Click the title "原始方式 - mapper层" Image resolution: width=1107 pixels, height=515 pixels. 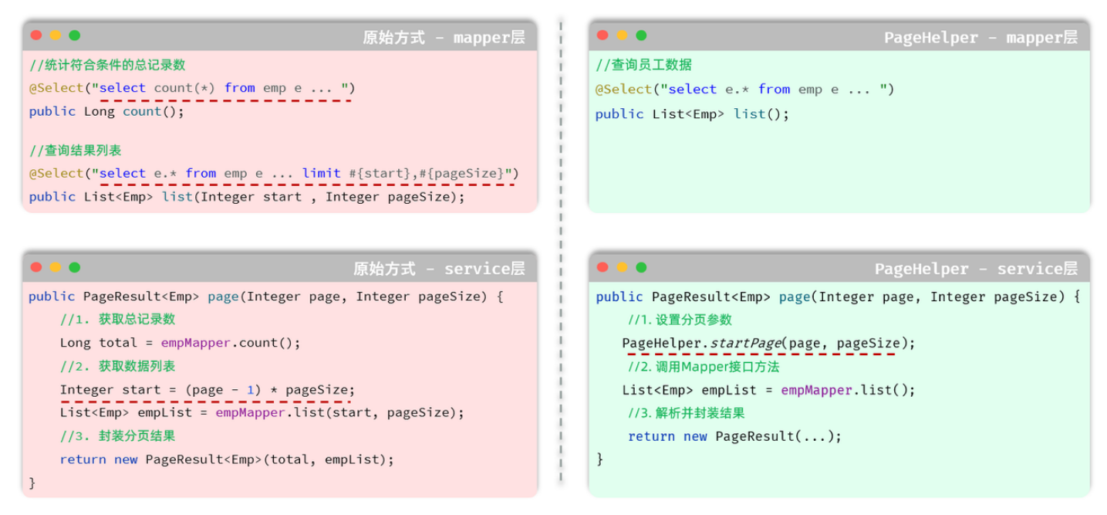pos(444,37)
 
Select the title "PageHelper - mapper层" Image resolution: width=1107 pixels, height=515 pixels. pos(980,37)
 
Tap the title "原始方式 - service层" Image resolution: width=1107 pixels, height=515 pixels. pos(439,269)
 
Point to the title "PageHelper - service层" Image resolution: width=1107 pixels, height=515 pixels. pos(976,269)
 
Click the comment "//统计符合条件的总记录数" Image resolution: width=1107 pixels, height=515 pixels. pos(107,65)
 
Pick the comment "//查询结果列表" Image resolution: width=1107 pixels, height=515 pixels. pos(76,150)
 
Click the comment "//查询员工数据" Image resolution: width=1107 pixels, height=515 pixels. pos(644,65)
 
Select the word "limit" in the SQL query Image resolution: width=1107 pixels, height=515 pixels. pos(321,173)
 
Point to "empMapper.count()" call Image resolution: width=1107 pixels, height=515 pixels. pos(230,343)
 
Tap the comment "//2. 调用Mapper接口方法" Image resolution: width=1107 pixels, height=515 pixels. pos(704,367)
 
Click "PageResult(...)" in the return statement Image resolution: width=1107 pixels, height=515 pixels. pos(778,436)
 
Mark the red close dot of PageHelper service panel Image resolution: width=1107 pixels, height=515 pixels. pos(602,267)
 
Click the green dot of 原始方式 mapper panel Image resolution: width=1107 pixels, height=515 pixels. pos(74,36)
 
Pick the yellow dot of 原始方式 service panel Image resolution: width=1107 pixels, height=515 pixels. pos(55,267)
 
